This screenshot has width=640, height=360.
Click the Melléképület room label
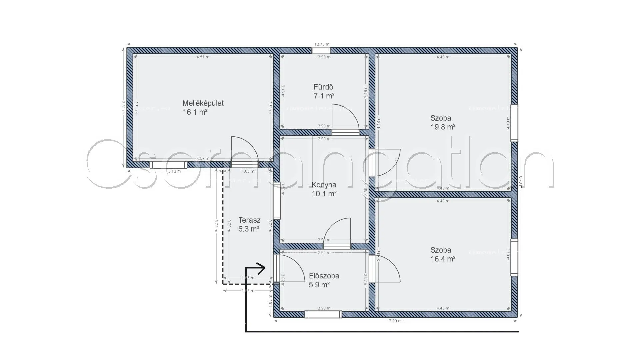pyautogui.click(x=203, y=103)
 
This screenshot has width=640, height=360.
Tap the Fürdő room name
pyautogui.click(x=323, y=87)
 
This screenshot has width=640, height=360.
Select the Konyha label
pyautogui.click(x=324, y=185)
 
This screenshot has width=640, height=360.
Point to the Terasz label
pyautogui.click(x=249, y=220)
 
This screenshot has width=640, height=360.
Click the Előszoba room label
pyautogui.click(x=324, y=276)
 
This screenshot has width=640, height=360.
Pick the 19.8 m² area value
pyautogui.click(x=443, y=127)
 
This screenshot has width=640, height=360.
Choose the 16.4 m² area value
pyautogui.click(x=443, y=259)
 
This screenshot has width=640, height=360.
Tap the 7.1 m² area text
pyautogui.click(x=324, y=96)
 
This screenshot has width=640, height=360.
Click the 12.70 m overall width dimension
pyautogui.click(x=322, y=44)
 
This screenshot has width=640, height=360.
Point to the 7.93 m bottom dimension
pyautogui.click(x=395, y=321)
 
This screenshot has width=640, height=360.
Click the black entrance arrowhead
pyautogui.click(x=262, y=268)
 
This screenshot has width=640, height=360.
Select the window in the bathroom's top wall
pyautogui.click(x=321, y=51)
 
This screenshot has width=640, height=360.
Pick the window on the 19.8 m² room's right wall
pyautogui.click(x=514, y=123)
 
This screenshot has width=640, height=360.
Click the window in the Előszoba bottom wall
pyautogui.click(x=323, y=314)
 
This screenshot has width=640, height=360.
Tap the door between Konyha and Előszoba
pyautogui.click(x=337, y=233)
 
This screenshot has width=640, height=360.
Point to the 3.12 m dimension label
pyautogui.click(x=174, y=171)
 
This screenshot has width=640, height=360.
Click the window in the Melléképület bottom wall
pyautogui.click(x=168, y=165)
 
